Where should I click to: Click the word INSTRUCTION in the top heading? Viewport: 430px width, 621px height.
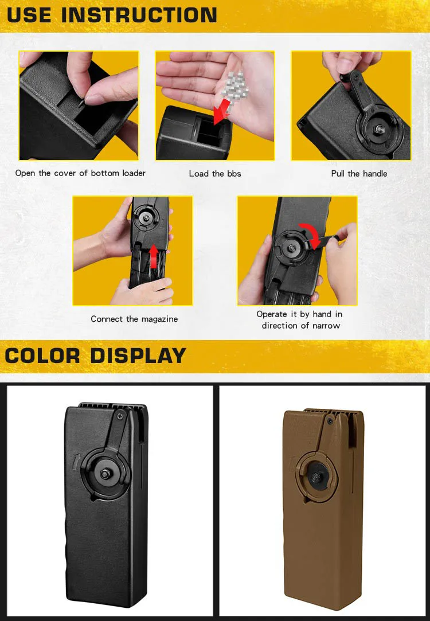[139, 15]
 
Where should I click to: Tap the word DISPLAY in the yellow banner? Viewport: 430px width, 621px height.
[138, 356]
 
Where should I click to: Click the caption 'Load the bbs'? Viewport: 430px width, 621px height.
[215, 174]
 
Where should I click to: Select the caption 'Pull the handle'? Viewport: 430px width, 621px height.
[359, 174]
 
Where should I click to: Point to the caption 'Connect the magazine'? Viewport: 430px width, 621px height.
[134, 319]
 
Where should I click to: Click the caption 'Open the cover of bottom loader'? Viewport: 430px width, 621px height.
[80, 173]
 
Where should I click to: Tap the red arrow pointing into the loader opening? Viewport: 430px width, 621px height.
[222, 111]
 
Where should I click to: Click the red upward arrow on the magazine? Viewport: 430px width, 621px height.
[154, 256]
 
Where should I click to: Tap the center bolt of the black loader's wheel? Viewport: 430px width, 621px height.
[105, 474]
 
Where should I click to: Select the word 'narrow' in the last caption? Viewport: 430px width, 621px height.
[326, 326]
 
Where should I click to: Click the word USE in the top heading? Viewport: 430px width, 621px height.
[29, 15]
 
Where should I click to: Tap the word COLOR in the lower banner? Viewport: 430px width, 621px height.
[42, 356]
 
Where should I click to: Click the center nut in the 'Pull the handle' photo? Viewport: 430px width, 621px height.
[380, 128]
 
